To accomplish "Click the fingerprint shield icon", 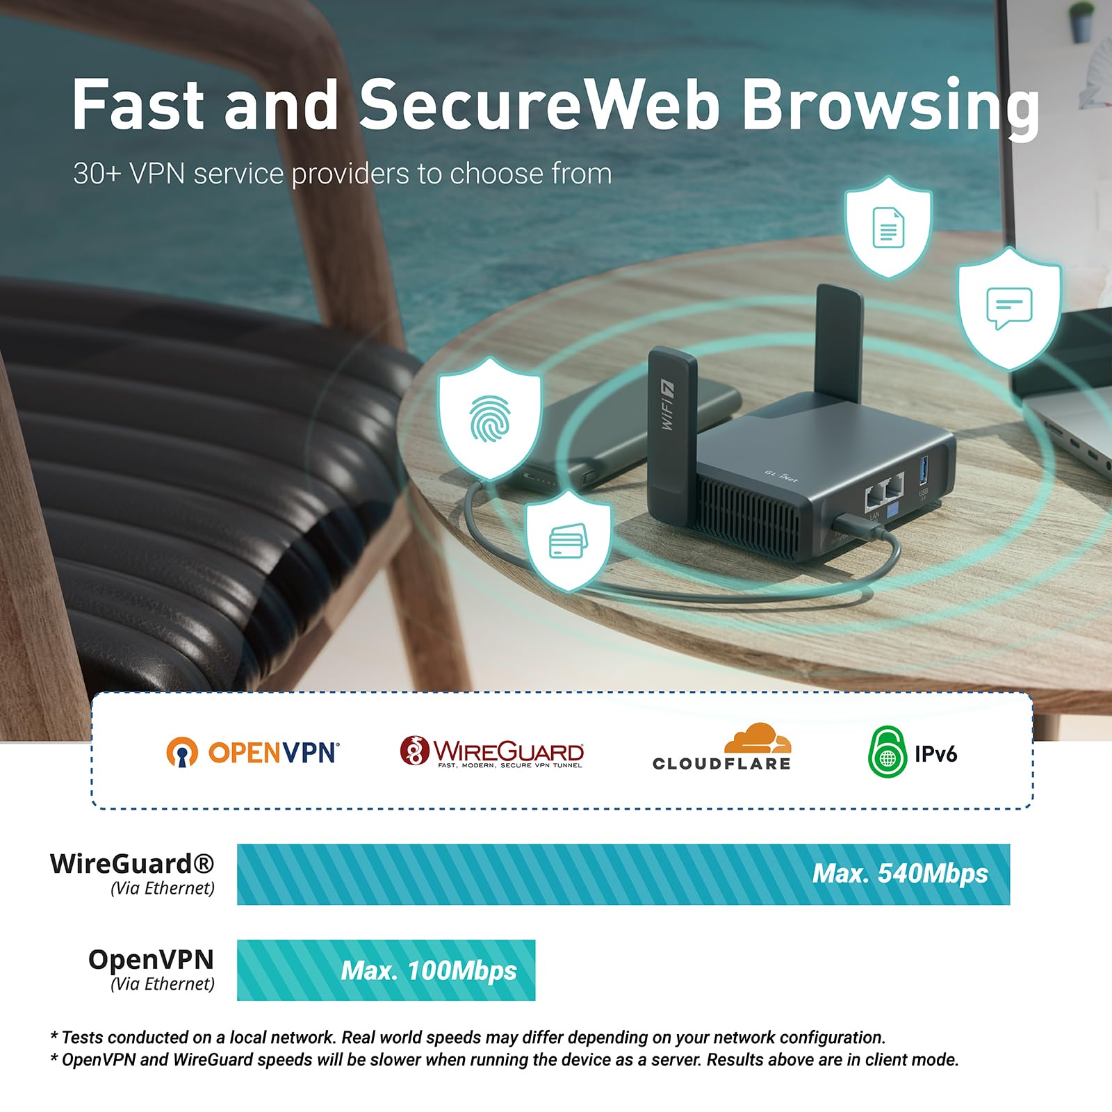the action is click(490, 418).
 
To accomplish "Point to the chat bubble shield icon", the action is click(1009, 308).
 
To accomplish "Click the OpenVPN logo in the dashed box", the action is click(253, 752).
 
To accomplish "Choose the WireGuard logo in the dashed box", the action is click(492, 752).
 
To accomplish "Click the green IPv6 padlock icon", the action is click(888, 752).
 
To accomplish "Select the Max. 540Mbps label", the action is click(900, 874).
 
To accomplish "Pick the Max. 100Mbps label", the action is click(429, 970).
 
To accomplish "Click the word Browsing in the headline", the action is click(891, 105).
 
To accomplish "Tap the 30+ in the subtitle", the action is click(97, 174).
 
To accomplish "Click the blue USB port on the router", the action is click(924, 471).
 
